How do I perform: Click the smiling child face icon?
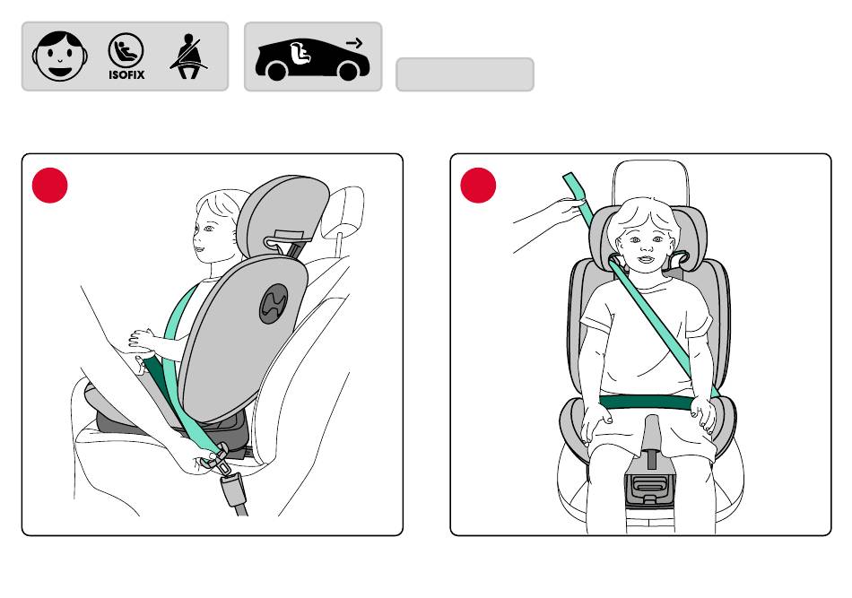click(x=60, y=56)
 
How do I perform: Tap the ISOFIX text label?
click(x=126, y=75)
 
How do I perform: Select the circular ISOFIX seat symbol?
click(x=126, y=50)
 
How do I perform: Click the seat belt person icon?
click(x=188, y=56)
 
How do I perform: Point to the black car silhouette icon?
click(x=312, y=60)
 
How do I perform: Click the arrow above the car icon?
click(x=354, y=43)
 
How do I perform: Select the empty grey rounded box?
click(x=465, y=74)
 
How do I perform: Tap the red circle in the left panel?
click(x=50, y=186)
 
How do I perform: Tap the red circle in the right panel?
click(x=478, y=186)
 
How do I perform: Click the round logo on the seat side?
click(x=274, y=304)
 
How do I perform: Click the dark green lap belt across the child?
click(x=647, y=403)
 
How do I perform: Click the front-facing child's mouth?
click(x=646, y=258)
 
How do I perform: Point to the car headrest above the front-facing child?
click(x=650, y=182)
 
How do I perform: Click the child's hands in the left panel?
click(x=142, y=340)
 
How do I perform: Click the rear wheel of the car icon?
click(x=276, y=71)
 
